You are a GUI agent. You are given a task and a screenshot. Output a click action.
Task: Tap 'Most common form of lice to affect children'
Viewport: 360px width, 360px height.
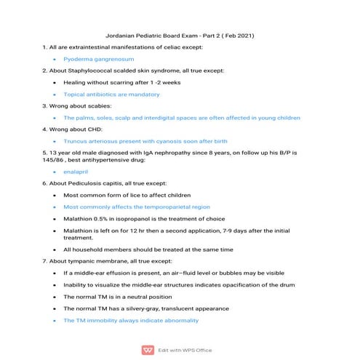(127, 195)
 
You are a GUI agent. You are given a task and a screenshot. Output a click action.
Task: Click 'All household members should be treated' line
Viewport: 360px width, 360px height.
(148, 249)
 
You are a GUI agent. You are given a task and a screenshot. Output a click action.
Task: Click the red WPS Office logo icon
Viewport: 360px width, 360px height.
(148, 349)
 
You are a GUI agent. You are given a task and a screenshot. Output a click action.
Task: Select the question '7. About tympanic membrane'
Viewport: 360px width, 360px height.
(109, 260)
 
